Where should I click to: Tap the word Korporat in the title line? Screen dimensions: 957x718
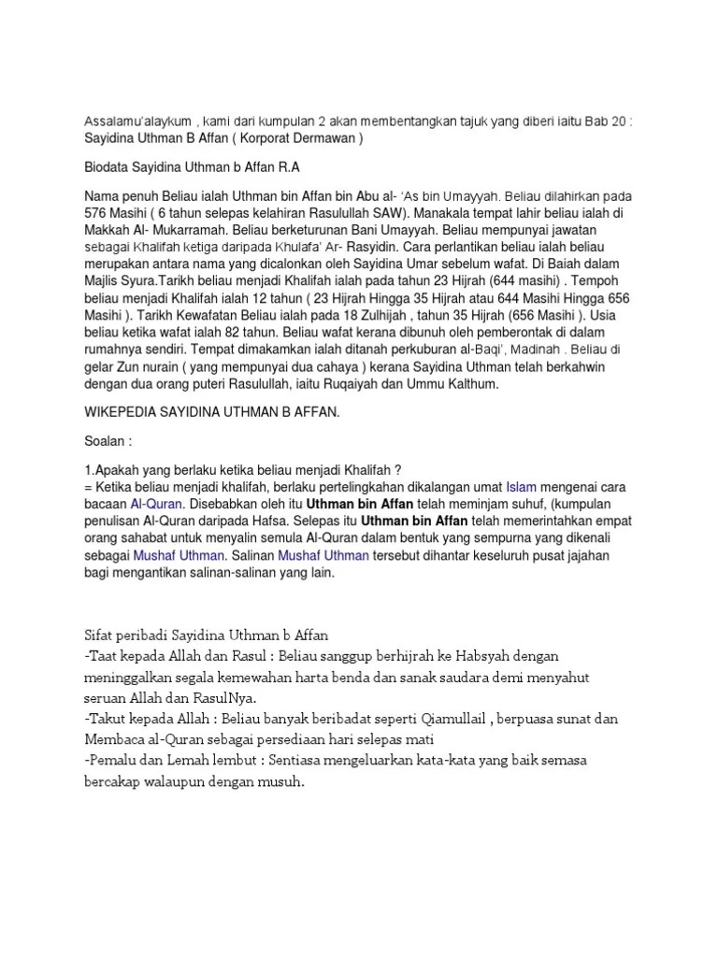click(x=263, y=138)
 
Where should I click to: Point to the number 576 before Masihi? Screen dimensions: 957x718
click(x=96, y=212)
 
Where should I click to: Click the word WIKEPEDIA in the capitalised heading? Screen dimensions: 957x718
click(x=125, y=411)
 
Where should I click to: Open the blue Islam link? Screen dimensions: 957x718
click(x=520, y=487)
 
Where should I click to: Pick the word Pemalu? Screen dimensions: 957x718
click(x=117, y=762)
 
